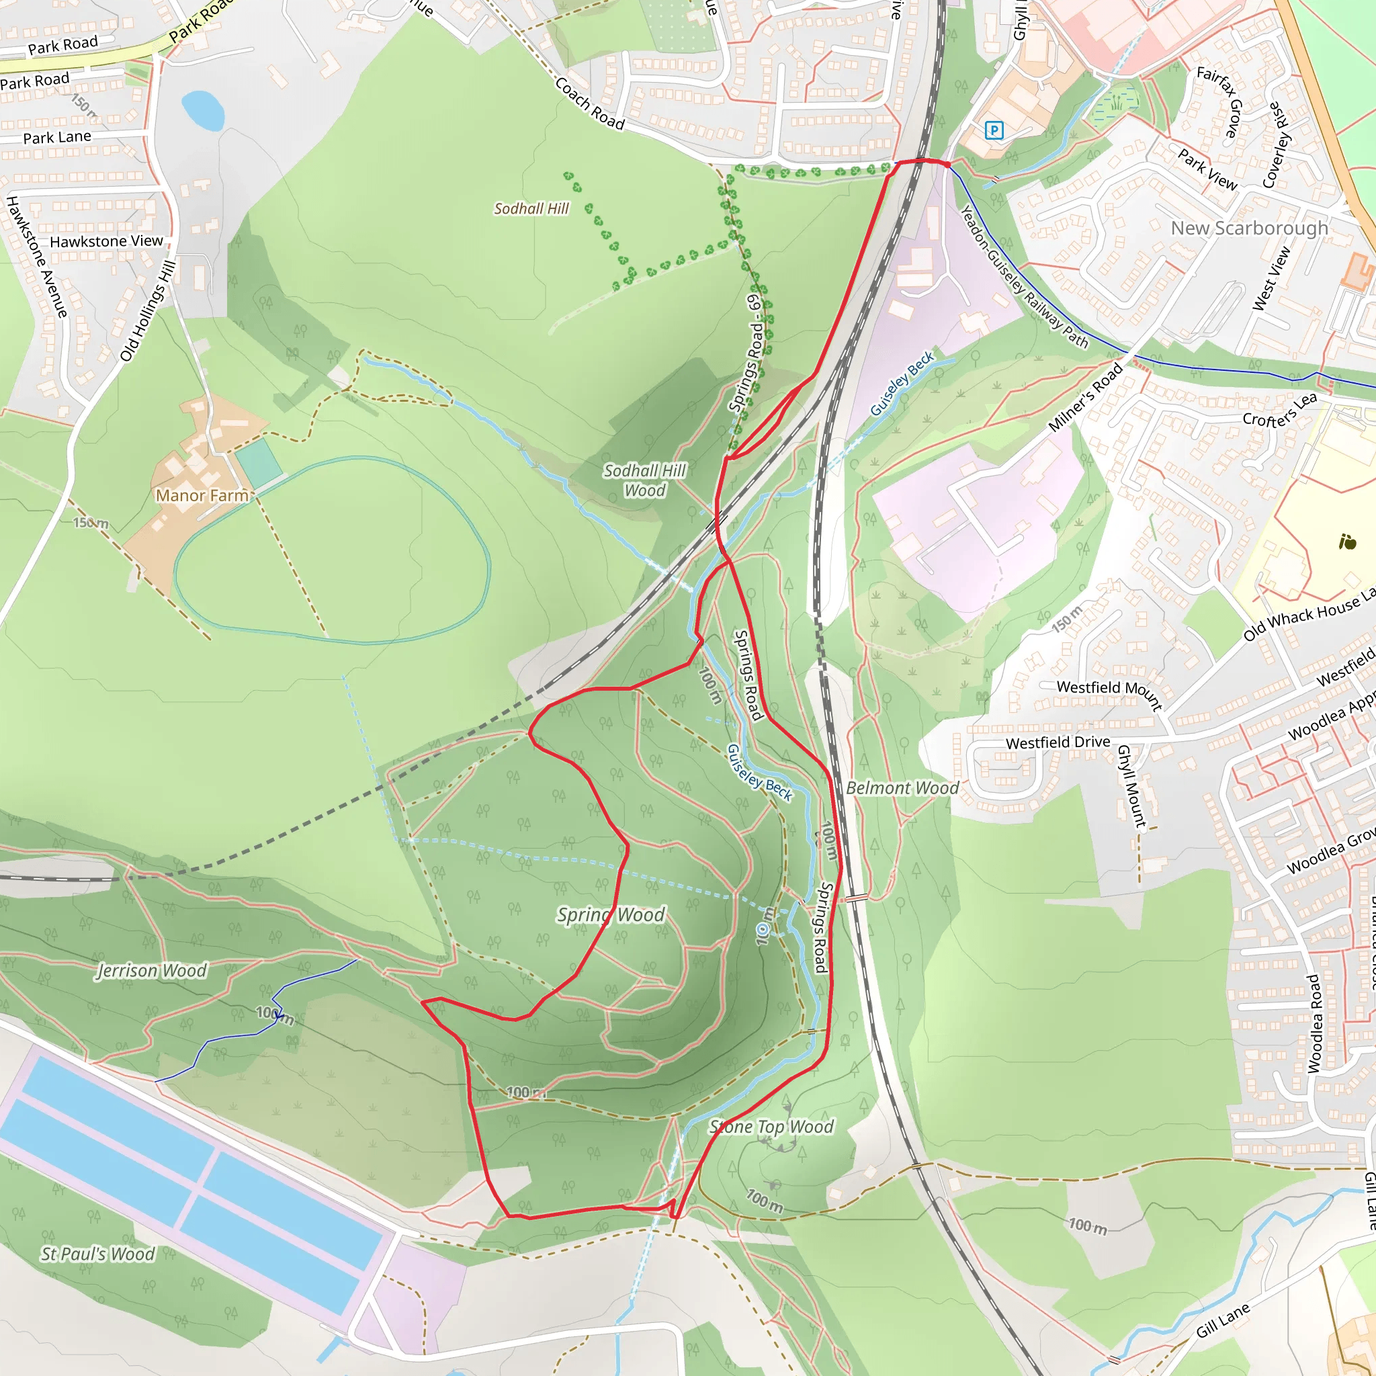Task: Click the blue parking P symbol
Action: [994, 130]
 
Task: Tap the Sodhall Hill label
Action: [531, 209]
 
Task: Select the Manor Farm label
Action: [202, 496]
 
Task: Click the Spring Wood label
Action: [611, 914]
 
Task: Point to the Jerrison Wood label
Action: [152, 971]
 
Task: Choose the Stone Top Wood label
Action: [771, 1127]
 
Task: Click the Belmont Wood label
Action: [902, 788]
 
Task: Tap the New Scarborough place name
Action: [1249, 228]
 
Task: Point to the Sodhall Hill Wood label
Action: [644, 480]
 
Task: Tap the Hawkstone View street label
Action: [106, 241]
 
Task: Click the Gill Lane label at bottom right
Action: [1223, 1319]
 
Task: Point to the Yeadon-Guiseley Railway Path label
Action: [1024, 277]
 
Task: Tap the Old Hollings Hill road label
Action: [147, 311]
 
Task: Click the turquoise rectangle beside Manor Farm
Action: [259, 462]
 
